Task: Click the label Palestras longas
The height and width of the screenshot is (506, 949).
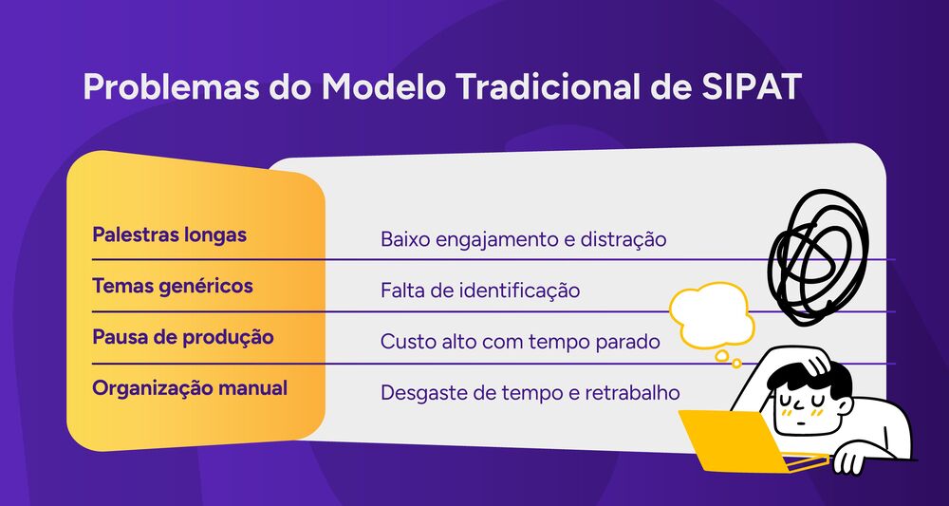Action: pyautogui.click(x=169, y=234)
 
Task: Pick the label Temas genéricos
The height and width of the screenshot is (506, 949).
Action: pyautogui.click(x=172, y=286)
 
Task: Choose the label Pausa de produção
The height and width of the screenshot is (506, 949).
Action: pyautogui.click(x=182, y=337)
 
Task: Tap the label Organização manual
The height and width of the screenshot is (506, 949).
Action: pyautogui.click(x=190, y=387)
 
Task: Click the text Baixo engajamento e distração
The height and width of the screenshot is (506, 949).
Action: pyautogui.click(x=523, y=239)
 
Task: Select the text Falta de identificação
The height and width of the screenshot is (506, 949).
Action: pyautogui.click(x=479, y=290)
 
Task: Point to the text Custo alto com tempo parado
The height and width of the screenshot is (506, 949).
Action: pyautogui.click(x=520, y=342)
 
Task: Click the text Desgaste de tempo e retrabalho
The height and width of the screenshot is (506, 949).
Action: pyautogui.click(x=530, y=392)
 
